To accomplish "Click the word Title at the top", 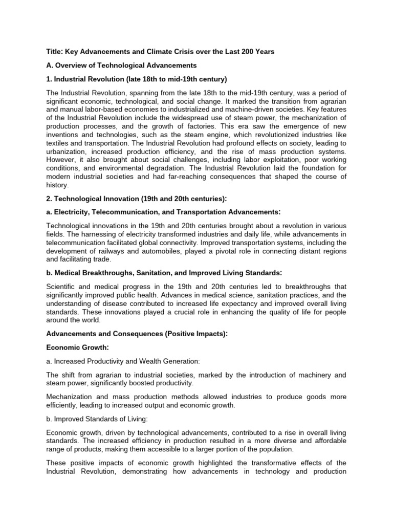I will pyautogui.click(x=54, y=51).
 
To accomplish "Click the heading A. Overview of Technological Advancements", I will pyautogui.click(x=121, y=65).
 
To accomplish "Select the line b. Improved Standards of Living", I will pyautogui.click(x=97, y=419).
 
